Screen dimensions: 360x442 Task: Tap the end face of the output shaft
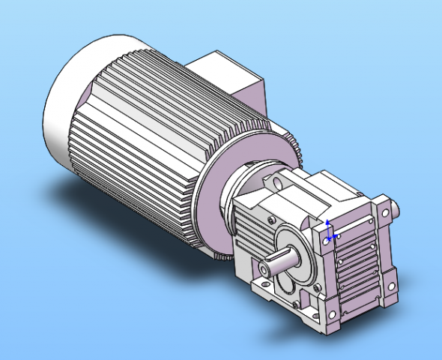[264, 268]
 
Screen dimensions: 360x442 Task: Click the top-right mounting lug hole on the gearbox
[385, 212]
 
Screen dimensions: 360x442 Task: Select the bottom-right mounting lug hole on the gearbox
[390, 286]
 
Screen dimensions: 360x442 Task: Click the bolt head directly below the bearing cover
[297, 304]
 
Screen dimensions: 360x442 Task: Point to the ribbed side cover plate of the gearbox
[360, 266]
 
